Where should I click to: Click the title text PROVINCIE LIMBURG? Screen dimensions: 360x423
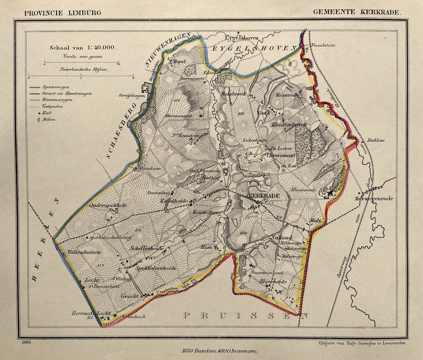click(x=63, y=13)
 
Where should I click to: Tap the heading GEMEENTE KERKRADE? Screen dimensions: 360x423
click(x=356, y=12)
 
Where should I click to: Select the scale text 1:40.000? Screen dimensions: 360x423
click(x=101, y=47)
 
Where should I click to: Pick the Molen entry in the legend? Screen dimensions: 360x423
click(x=48, y=119)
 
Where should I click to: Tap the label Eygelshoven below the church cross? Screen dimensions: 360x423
click(x=241, y=38)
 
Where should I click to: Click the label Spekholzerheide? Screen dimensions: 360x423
click(x=156, y=268)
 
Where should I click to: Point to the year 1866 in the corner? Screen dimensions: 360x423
click(x=27, y=342)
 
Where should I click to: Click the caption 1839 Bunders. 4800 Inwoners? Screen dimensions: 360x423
click(x=219, y=351)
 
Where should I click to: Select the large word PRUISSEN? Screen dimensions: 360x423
click(x=245, y=316)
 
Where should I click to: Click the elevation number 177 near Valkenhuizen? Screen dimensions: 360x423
click(x=100, y=265)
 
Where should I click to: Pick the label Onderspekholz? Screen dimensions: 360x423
click(x=108, y=205)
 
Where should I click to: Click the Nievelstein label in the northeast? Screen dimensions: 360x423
click(x=324, y=45)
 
